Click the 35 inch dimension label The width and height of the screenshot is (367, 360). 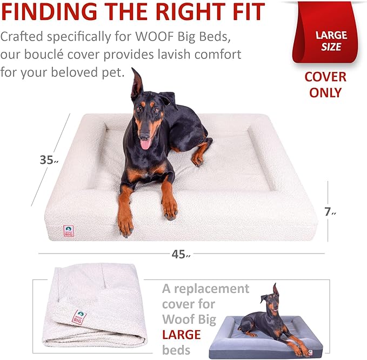49,160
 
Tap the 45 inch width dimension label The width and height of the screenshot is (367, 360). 181,254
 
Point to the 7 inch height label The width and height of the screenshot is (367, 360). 330,212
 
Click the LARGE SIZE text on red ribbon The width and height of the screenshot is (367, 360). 331,41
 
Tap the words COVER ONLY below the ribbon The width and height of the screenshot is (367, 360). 325,84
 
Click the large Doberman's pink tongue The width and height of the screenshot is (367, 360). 145,144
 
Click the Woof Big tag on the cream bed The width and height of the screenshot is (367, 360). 69,231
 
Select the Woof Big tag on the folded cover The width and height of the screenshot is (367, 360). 79,317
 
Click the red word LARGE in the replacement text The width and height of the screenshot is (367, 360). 182,335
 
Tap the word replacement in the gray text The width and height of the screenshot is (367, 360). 211,289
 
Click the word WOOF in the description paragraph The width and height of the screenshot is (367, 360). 154,36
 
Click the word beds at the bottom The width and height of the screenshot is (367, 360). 176,350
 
